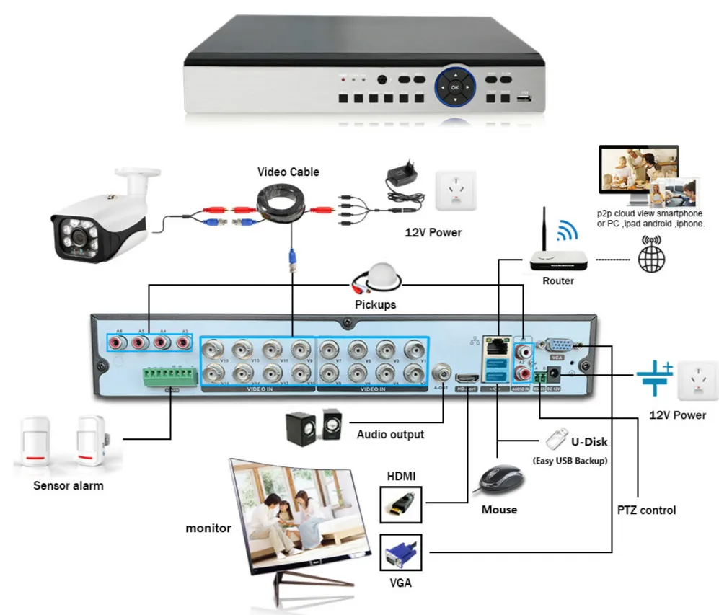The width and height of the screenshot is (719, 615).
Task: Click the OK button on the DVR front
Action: pyautogui.click(x=454, y=87)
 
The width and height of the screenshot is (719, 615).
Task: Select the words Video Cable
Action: pyautogui.click(x=288, y=172)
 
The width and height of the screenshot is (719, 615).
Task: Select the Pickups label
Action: pyautogui.click(x=375, y=304)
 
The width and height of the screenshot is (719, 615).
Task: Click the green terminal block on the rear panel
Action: pyautogui.click(x=170, y=376)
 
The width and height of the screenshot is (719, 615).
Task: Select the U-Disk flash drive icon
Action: pyautogui.click(x=555, y=438)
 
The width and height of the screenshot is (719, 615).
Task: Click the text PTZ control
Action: pyautogui.click(x=646, y=510)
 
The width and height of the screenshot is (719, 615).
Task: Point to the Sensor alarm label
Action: pyautogui.click(x=69, y=485)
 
